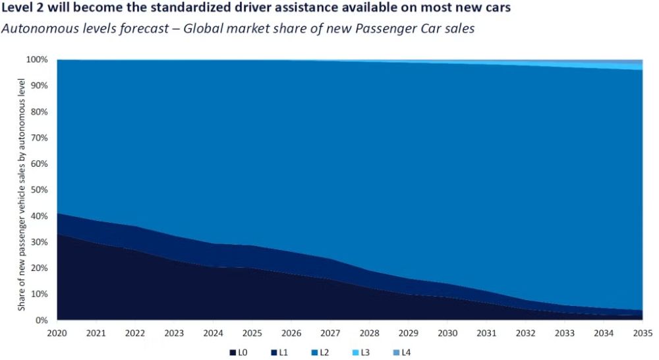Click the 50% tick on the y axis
click(38, 190)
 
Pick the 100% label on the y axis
click(36, 59)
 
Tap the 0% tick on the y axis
click(41, 320)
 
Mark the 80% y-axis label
click(38, 111)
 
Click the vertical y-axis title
click(22, 195)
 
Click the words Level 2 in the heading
click(21, 10)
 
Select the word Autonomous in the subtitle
click(34, 30)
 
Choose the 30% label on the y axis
click(38, 242)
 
